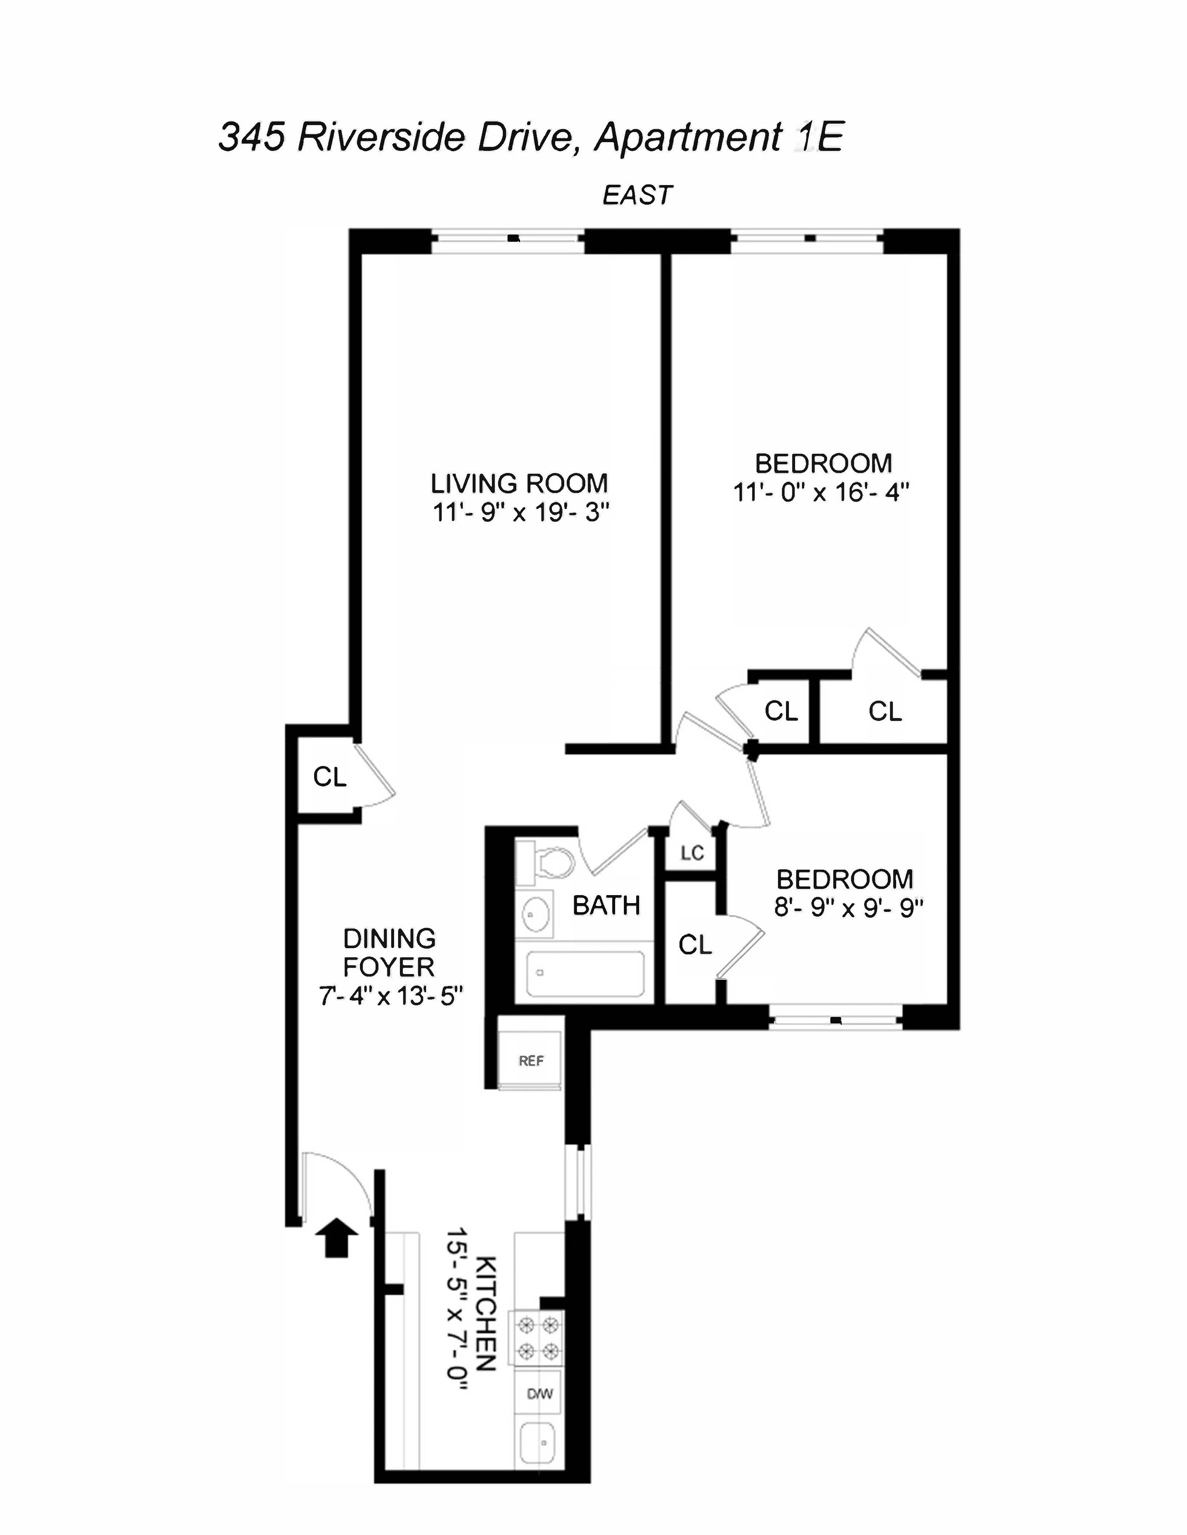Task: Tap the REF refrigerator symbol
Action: click(x=530, y=1061)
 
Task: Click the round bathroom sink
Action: click(x=536, y=914)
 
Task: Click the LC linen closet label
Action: click(x=691, y=853)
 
